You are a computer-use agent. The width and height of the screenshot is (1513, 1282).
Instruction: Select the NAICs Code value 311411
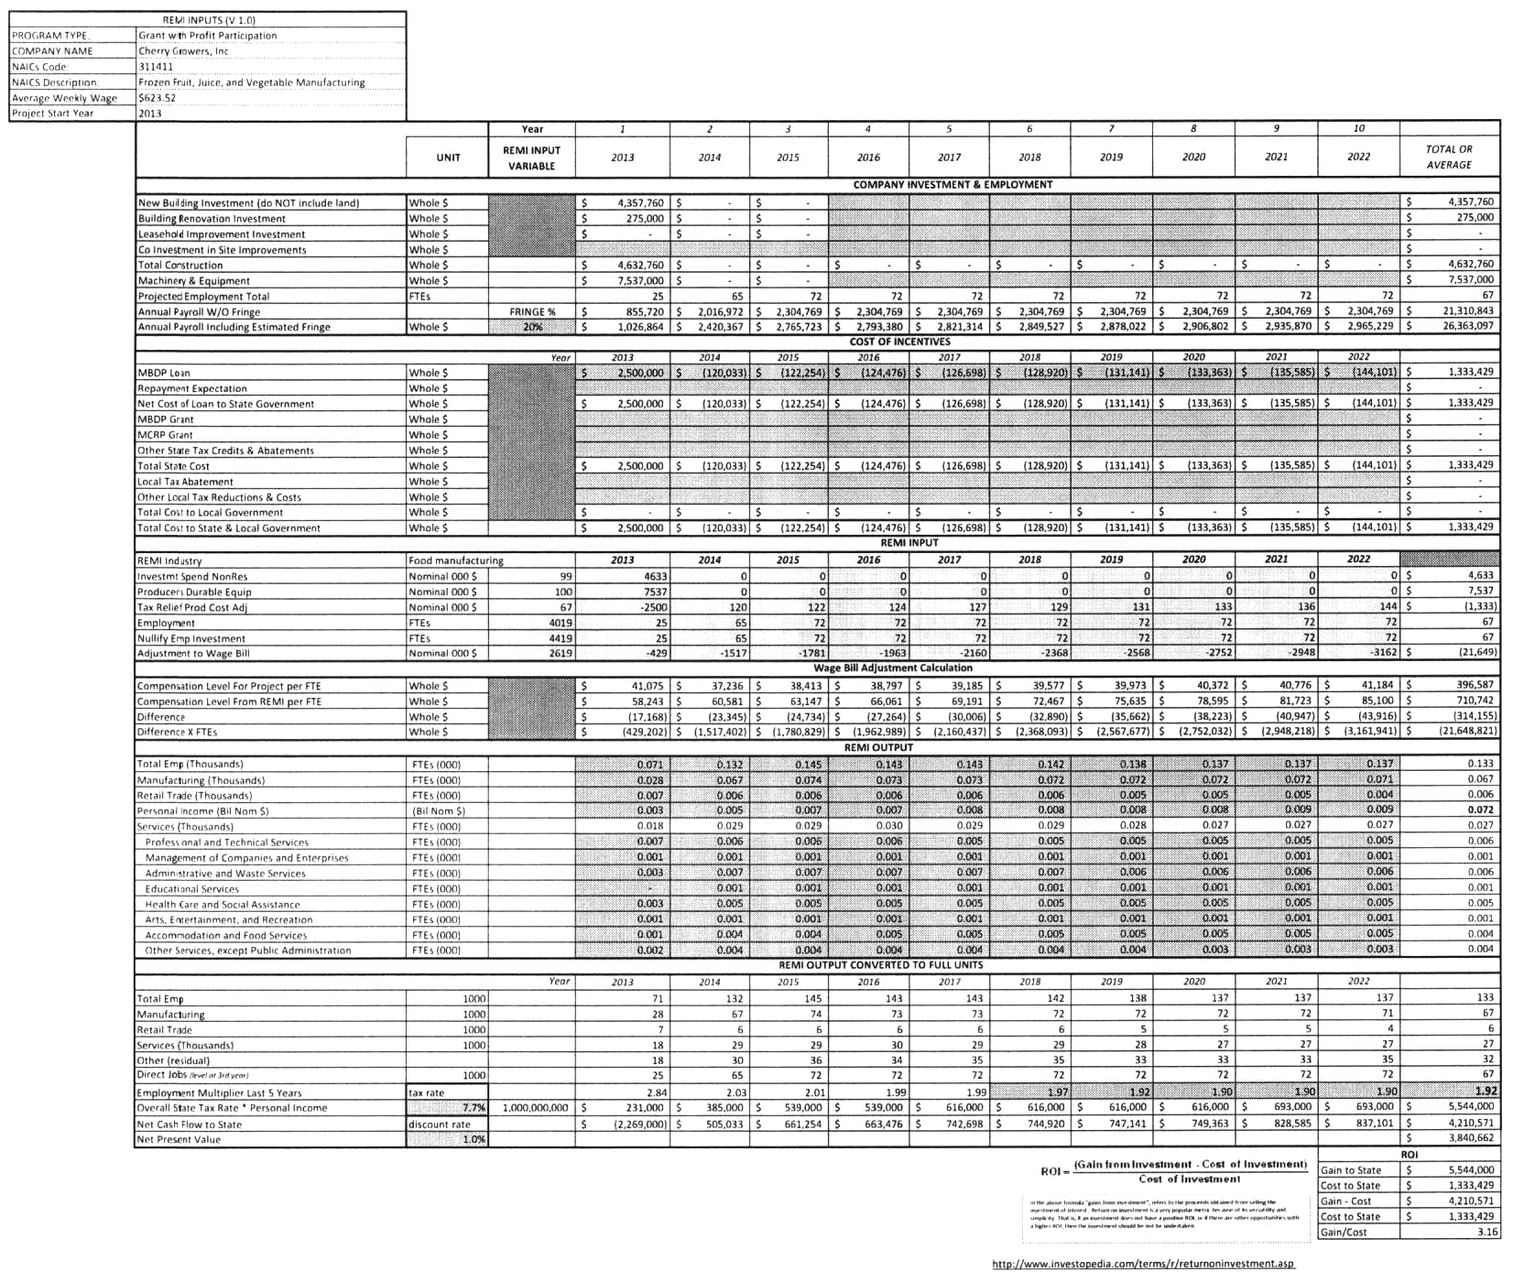click(x=150, y=67)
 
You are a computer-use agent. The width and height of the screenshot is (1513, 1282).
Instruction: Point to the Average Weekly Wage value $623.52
click(x=157, y=98)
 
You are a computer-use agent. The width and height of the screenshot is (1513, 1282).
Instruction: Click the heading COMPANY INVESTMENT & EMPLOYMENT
click(x=952, y=185)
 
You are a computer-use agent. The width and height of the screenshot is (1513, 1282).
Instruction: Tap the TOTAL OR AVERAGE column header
click(x=1449, y=157)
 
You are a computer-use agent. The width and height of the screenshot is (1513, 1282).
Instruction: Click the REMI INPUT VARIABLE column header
click(x=531, y=158)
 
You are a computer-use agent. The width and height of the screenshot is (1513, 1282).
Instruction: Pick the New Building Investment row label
click(x=248, y=203)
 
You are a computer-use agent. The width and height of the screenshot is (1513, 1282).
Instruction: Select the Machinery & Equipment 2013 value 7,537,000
click(x=640, y=281)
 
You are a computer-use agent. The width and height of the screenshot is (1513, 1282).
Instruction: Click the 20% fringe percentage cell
click(x=531, y=327)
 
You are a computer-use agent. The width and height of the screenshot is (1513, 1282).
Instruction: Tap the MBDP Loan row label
click(x=164, y=374)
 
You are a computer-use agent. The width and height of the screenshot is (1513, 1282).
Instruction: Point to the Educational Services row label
click(x=191, y=889)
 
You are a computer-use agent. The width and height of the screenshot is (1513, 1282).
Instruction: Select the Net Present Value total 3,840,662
click(x=1465, y=1138)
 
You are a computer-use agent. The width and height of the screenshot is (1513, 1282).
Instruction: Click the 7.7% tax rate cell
click(x=473, y=1108)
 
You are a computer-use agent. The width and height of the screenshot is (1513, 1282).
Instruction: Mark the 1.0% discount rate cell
click(x=473, y=1140)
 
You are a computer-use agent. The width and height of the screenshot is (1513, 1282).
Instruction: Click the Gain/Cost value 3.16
click(x=1487, y=1233)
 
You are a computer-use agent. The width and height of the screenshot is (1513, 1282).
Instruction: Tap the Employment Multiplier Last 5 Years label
click(x=219, y=1093)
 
